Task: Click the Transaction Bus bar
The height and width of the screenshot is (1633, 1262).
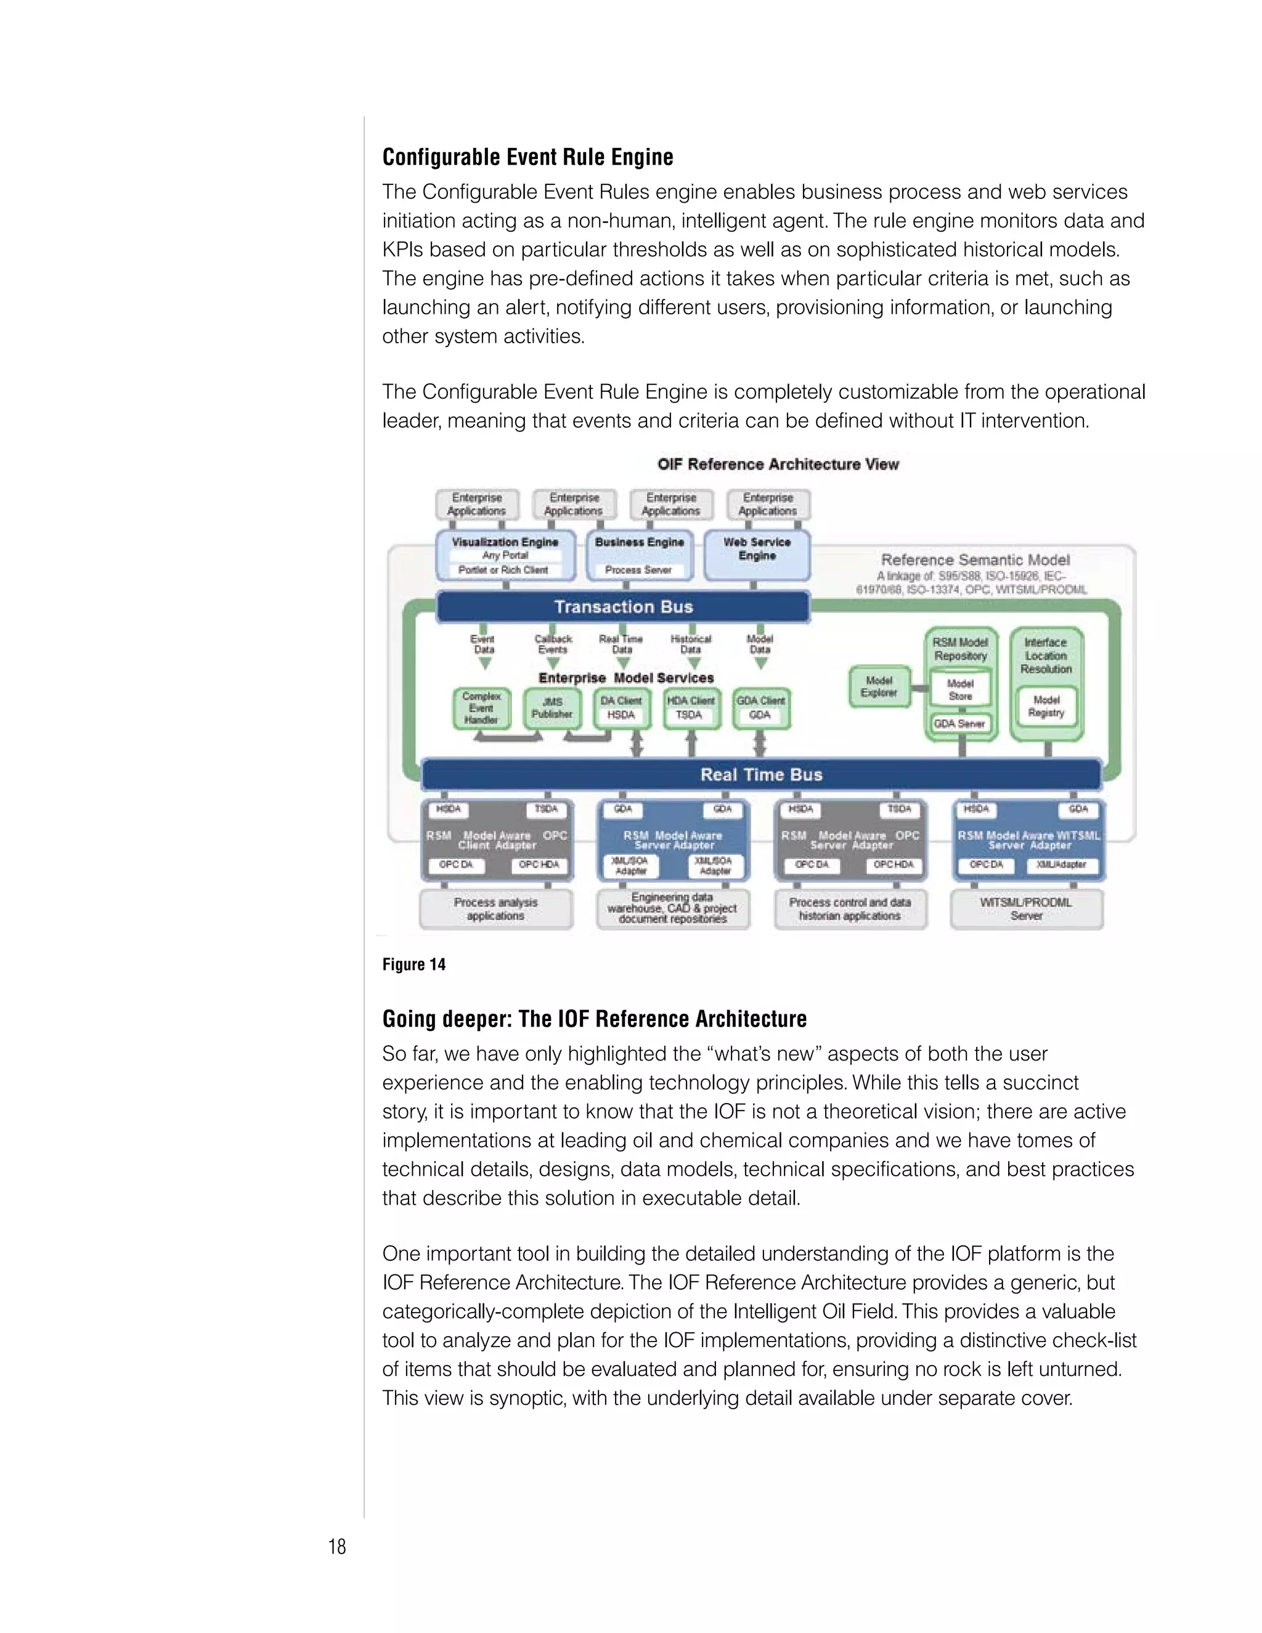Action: (x=623, y=607)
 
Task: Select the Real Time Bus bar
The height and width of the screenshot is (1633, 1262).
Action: (x=761, y=775)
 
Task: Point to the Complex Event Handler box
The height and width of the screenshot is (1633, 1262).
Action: (x=481, y=708)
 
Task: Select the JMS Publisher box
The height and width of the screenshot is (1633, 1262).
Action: (x=552, y=708)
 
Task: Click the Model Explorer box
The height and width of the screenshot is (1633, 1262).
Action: (x=879, y=686)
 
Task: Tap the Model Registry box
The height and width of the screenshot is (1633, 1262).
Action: (x=1046, y=706)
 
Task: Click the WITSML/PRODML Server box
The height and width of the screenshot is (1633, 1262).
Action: (x=1027, y=908)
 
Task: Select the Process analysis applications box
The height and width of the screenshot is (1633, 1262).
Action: (x=495, y=908)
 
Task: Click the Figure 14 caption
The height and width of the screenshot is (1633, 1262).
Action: (x=413, y=964)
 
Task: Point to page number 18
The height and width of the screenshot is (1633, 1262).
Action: (x=337, y=1546)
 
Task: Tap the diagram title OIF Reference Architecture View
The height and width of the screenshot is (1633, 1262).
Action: (x=778, y=465)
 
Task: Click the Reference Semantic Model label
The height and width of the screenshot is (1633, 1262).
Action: (x=975, y=560)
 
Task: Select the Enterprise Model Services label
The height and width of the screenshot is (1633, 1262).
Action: (x=626, y=677)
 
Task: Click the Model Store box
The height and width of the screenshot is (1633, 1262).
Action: (x=960, y=690)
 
